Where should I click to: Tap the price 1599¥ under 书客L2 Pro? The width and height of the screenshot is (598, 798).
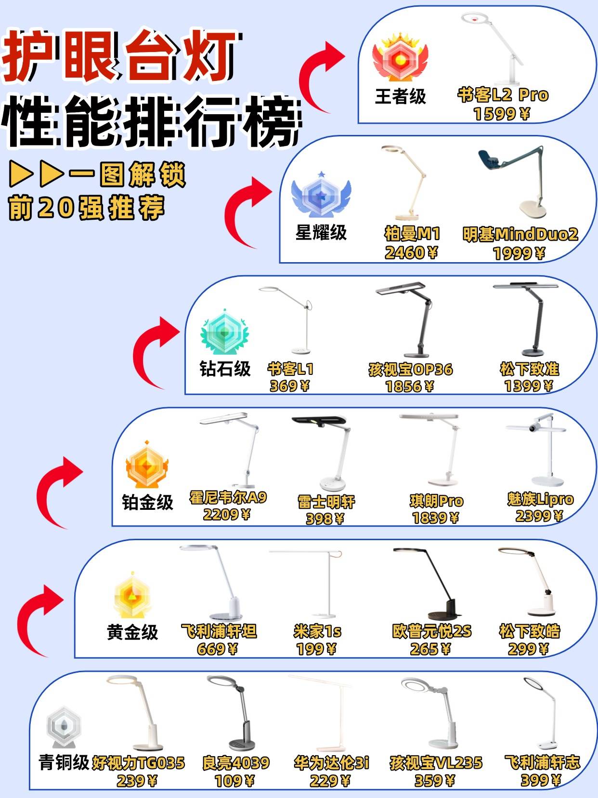(x=502, y=114)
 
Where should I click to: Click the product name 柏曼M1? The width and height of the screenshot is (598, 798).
(x=412, y=234)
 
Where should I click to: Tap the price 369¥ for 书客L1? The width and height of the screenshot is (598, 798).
(x=289, y=386)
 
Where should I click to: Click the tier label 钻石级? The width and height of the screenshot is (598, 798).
(x=225, y=369)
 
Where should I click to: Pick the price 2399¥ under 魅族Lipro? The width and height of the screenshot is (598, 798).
(x=539, y=516)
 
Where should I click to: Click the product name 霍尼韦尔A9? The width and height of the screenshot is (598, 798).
(x=228, y=497)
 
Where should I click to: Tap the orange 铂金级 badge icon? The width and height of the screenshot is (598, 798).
(x=147, y=464)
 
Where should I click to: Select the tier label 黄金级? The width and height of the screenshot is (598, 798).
(x=132, y=632)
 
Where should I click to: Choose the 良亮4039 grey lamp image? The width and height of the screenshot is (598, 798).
(x=233, y=713)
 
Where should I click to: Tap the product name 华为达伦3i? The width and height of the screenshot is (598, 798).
(x=331, y=762)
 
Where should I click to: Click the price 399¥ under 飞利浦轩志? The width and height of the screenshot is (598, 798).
(x=541, y=780)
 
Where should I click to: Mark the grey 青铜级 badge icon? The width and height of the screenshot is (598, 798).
(x=64, y=727)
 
